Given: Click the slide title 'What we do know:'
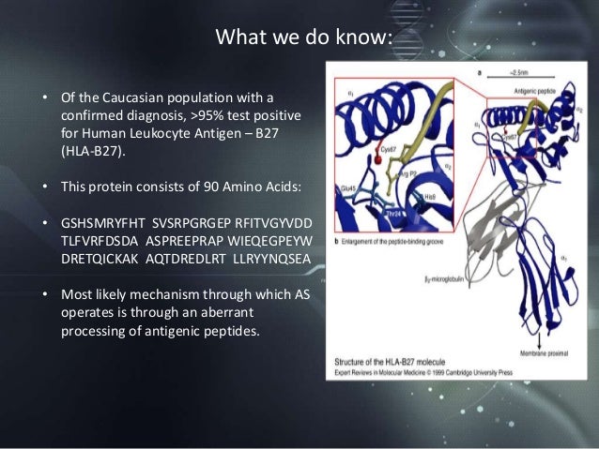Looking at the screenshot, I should (x=302, y=38).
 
